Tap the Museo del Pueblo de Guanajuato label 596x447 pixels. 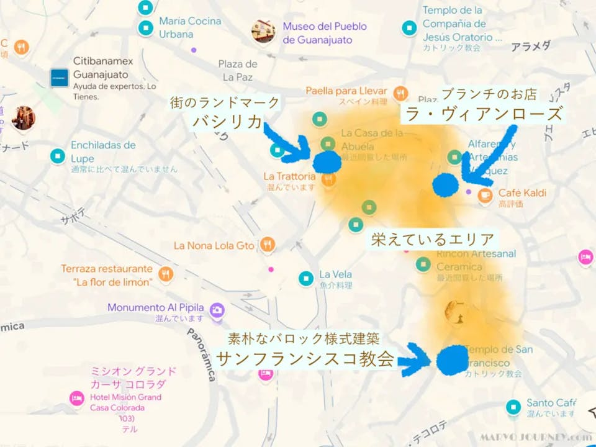pyautogui.click(x=324, y=34)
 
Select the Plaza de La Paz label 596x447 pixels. pyautogui.click(x=237, y=70)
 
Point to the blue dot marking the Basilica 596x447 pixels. pyautogui.click(x=327, y=161)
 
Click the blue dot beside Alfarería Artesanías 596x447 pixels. pyautogui.click(x=446, y=184)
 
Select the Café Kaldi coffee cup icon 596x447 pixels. pyautogui.click(x=485, y=196)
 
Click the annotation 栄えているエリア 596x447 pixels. pyautogui.click(x=433, y=239)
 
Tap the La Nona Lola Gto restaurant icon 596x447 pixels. pyautogui.click(x=268, y=245)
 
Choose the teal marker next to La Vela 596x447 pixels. pyautogui.click(x=305, y=278)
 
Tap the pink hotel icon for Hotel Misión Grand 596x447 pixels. pyautogui.click(x=77, y=397)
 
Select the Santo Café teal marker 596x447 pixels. pyautogui.click(x=513, y=407)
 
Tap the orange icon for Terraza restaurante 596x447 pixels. pyautogui.click(x=166, y=273)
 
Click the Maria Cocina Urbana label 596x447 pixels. pyautogui.click(x=189, y=27)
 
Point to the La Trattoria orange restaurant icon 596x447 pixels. pyautogui.click(x=329, y=179)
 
